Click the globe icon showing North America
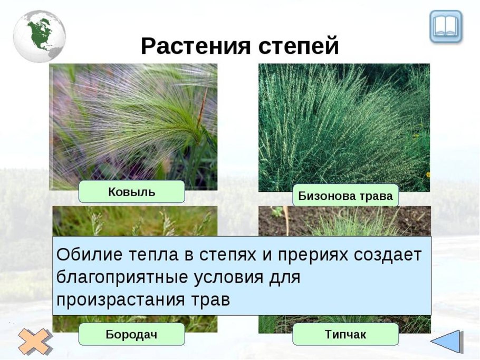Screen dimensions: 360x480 click(39, 36)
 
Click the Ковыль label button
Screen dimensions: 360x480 click(131, 192)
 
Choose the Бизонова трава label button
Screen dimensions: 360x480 click(345, 197)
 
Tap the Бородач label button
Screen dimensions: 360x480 click(131, 334)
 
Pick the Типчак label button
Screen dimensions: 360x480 click(345, 334)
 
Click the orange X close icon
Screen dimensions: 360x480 click(35, 341)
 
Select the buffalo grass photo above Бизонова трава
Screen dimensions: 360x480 click(344, 127)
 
